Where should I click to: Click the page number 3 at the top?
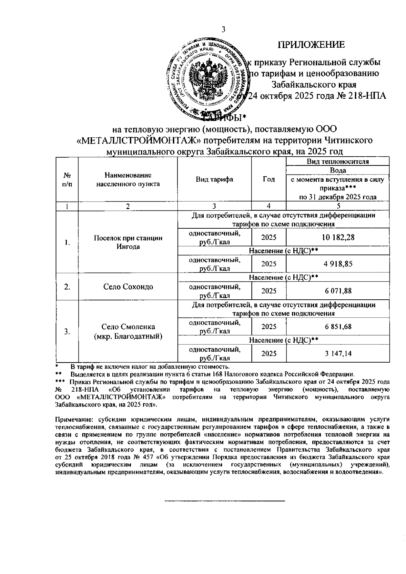(223, 30)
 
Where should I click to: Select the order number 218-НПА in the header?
(366, 96)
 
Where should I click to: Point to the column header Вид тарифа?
(215, 180)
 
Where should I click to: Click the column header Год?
(269, 180)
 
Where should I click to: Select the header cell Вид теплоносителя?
(338, 162)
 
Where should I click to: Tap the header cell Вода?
(338, 170)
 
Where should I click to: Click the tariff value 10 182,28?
(338, 237)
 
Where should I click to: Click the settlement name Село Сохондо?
(128, 287)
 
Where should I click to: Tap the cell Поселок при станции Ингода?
(128, 242)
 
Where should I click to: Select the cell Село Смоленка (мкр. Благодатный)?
(128, 331)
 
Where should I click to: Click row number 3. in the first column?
(67, 331)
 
